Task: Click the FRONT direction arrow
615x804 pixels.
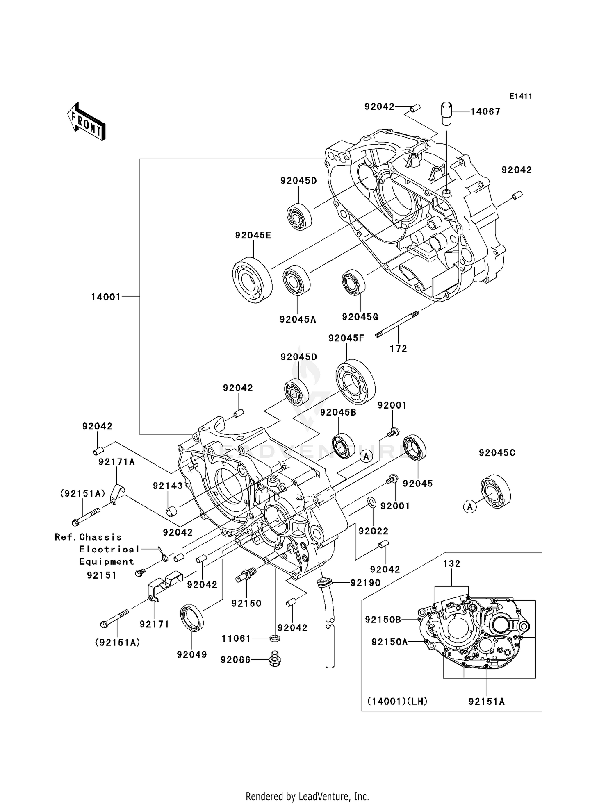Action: point(87,122)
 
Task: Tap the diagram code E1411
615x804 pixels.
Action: point(521,96)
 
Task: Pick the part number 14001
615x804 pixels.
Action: point(106,297)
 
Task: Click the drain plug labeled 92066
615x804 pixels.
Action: point(276,659)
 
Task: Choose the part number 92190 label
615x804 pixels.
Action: point(365,582)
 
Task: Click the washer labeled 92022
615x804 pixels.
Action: point(371,502)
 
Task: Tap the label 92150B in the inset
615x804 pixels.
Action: point(383,620)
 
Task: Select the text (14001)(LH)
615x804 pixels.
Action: point(397,701)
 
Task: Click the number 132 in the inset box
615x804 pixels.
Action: point(451,563)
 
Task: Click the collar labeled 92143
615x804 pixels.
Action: point(171,512)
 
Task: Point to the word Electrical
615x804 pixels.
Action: point(109,549)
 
